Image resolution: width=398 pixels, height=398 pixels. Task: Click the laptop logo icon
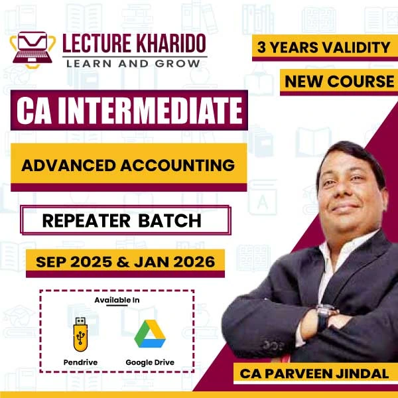(33, 50)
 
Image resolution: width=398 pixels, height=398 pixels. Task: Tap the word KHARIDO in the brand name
(171, 43)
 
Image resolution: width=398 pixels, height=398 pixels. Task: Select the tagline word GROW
(177, 64)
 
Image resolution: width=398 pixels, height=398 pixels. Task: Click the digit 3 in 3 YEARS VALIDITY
(261, 47)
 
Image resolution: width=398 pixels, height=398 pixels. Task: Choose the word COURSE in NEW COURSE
(361, 82)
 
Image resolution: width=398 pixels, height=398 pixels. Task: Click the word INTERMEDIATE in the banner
(150, 110)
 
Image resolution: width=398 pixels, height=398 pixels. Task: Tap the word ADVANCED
(68, 165)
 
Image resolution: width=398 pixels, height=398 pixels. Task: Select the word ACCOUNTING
(177, 165)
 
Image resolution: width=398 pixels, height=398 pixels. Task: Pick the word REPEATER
(86, 221)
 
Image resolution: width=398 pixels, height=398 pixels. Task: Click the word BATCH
(170, 221)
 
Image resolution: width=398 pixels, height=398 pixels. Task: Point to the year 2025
(91, 262)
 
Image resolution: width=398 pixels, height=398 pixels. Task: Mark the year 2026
(194, 262)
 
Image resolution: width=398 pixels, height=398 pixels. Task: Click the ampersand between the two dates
(123, 262)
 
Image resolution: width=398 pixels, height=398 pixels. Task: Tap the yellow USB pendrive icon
(80, 334)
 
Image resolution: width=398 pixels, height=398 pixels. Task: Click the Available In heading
(117, 300)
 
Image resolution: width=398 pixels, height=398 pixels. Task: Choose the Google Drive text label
(150, 362)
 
